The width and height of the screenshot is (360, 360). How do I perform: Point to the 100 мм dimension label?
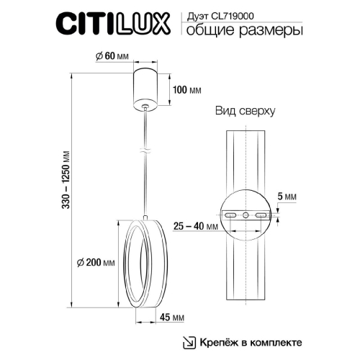click(x=186, y=91)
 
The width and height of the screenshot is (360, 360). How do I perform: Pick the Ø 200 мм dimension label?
click(x=97, y=264)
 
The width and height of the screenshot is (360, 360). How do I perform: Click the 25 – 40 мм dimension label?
click(x=196, y=226)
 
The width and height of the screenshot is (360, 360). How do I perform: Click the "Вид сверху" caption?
click(x=246, y=112)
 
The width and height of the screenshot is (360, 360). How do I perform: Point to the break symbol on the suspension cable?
click(x=147, y=153)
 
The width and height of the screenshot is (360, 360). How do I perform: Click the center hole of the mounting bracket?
click(x=246, y=215)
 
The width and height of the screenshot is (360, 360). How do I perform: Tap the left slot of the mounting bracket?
click(x=230, y=215)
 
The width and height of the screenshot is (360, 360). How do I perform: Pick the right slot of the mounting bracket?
click(x=261, y=215)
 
